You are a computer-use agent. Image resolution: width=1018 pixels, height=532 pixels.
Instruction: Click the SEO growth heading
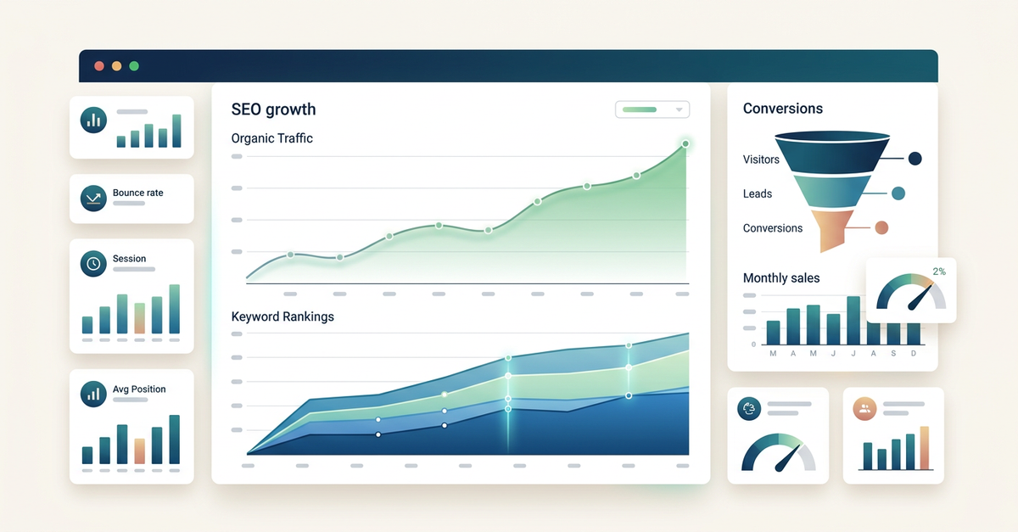tap(273, 109)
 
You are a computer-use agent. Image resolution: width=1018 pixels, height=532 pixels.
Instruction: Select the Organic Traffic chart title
tap(271, 138)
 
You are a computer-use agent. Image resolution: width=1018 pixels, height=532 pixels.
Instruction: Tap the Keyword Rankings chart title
tap(282, 316)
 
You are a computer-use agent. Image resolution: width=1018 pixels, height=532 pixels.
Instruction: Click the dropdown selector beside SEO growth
tap(652, 109)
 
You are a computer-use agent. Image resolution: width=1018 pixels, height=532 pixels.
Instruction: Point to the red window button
tap(99, 66)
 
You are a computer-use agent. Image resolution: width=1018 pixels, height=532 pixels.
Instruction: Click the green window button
tap(134, 66)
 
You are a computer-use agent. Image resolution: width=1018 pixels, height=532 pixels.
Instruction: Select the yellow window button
tap(116, 66)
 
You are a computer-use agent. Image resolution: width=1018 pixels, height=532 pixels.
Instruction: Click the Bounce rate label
tap(137, 193)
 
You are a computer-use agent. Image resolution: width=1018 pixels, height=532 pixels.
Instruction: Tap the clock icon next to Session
tap(92, 264)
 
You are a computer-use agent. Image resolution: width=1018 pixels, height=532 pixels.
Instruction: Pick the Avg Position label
tap(139, 389)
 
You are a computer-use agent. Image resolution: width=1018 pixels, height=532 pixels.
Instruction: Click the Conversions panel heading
tap(782, 109)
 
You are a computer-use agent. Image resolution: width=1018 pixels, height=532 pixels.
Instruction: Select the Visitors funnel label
tap(761, 160)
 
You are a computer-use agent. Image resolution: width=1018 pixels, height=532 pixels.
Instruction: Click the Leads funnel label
tap(758, 193)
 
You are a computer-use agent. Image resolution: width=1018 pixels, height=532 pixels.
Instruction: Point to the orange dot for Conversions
tap(881, 227)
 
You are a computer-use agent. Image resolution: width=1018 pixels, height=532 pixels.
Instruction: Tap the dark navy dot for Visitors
tap(915, 159)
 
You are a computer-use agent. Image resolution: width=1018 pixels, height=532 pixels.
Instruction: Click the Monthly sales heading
tap(781, 278)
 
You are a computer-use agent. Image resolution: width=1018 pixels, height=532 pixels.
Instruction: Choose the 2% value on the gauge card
tap(939, 272)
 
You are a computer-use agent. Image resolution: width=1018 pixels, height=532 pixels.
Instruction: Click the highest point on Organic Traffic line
tap(685, 144)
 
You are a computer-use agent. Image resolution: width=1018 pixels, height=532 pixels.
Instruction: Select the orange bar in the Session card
tap(139, 317)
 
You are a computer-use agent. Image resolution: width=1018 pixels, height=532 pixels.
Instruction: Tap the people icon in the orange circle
tap(864, 408)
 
